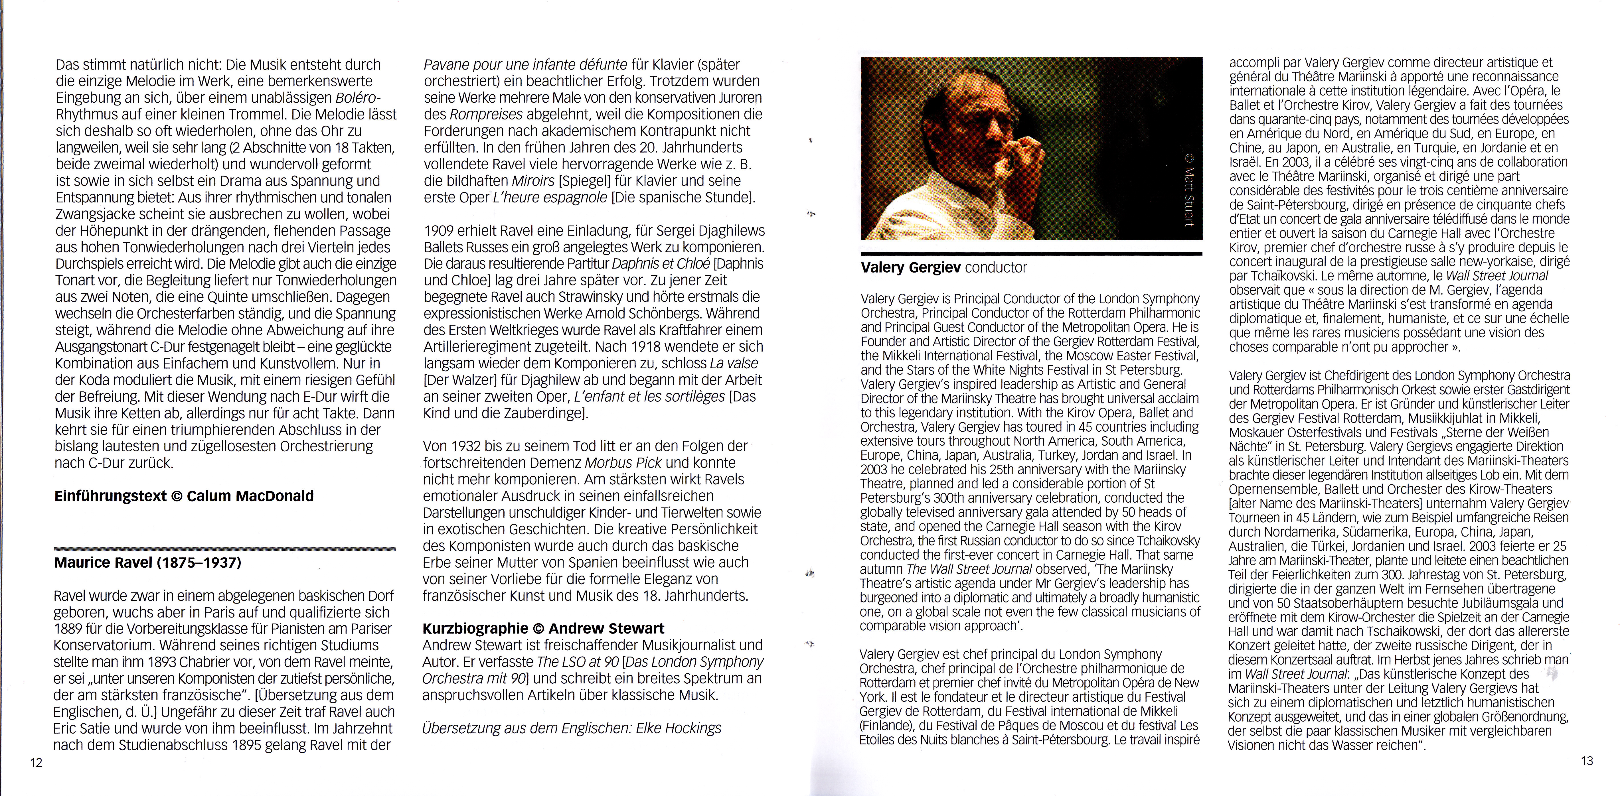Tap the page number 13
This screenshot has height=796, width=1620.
(x=1587, y=761)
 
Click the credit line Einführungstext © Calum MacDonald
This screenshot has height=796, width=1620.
(x=184, y=496)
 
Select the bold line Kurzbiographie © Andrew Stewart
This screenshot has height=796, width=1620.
(x=543, y=628)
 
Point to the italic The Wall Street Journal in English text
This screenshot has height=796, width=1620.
(x=969, y=569)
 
